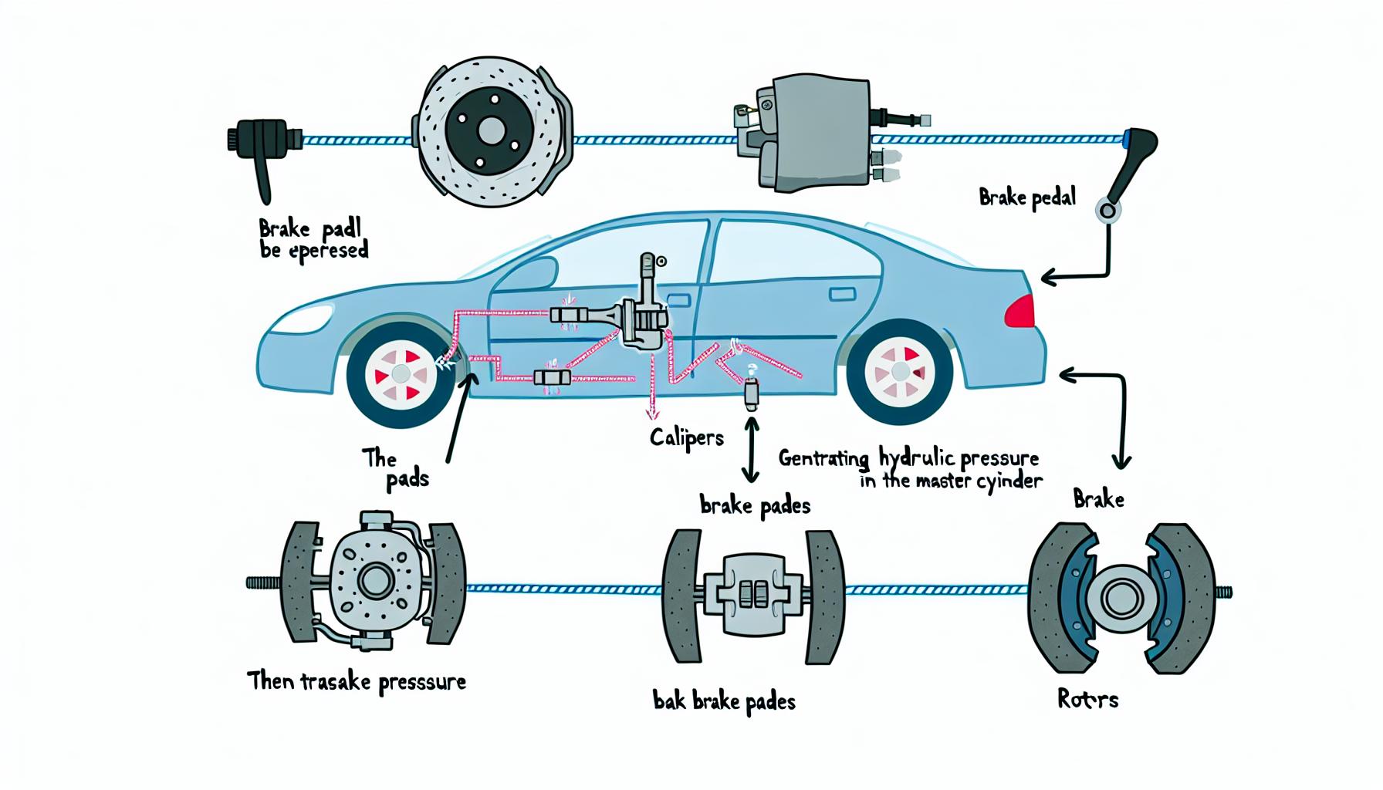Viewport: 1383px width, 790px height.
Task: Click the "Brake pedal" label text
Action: pyautogui.click(x=1026, y=198)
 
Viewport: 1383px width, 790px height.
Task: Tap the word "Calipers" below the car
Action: pyautogui.click(x=686, y=439)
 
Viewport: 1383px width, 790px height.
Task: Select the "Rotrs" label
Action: pyautogui.click(x=1087, y=700)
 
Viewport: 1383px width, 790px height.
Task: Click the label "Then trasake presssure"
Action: pyautogui.click(x=357, y=682)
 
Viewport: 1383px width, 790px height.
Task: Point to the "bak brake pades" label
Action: pyautogui.click(x=723, y=701)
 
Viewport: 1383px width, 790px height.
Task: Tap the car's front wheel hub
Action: pyautogui.click(x=401, y=373)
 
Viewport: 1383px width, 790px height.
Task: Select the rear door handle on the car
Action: pyautogui.click(x=842, y=294)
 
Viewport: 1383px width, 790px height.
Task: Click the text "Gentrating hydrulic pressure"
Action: pyautogui.click(x=908, y=459)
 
